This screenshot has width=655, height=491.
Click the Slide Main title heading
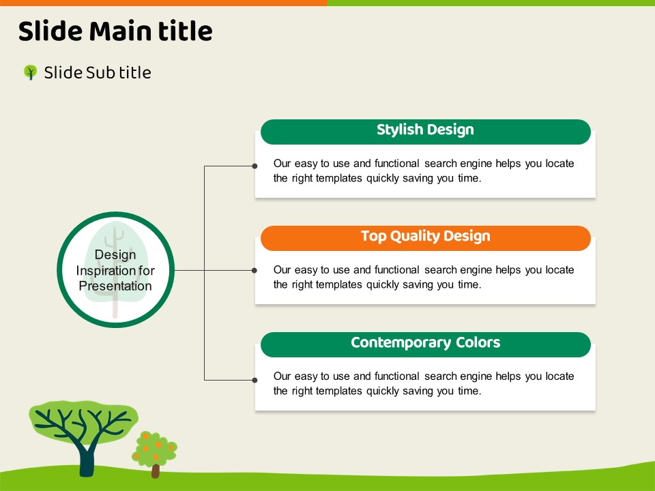click(115, 31)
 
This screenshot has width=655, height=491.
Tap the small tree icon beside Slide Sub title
click(30, 72)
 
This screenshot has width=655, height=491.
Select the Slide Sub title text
click(98, 73)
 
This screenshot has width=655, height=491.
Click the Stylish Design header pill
click(425, 132)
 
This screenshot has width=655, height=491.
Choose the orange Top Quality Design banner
click(425, 239)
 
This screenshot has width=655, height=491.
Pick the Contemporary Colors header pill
click(425, 345)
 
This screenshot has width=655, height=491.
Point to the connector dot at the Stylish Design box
click(254, 166)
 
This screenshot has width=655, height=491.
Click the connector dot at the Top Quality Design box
click(254, 271)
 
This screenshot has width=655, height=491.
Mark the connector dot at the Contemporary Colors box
click(254, 380)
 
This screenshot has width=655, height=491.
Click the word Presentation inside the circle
click(115, 286)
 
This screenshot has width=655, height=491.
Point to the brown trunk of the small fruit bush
click(156, 471)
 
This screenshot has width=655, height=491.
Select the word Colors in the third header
click(478, 343)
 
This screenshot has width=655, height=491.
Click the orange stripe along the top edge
click(164, 3)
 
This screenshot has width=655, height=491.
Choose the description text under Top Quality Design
click(424, 278)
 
